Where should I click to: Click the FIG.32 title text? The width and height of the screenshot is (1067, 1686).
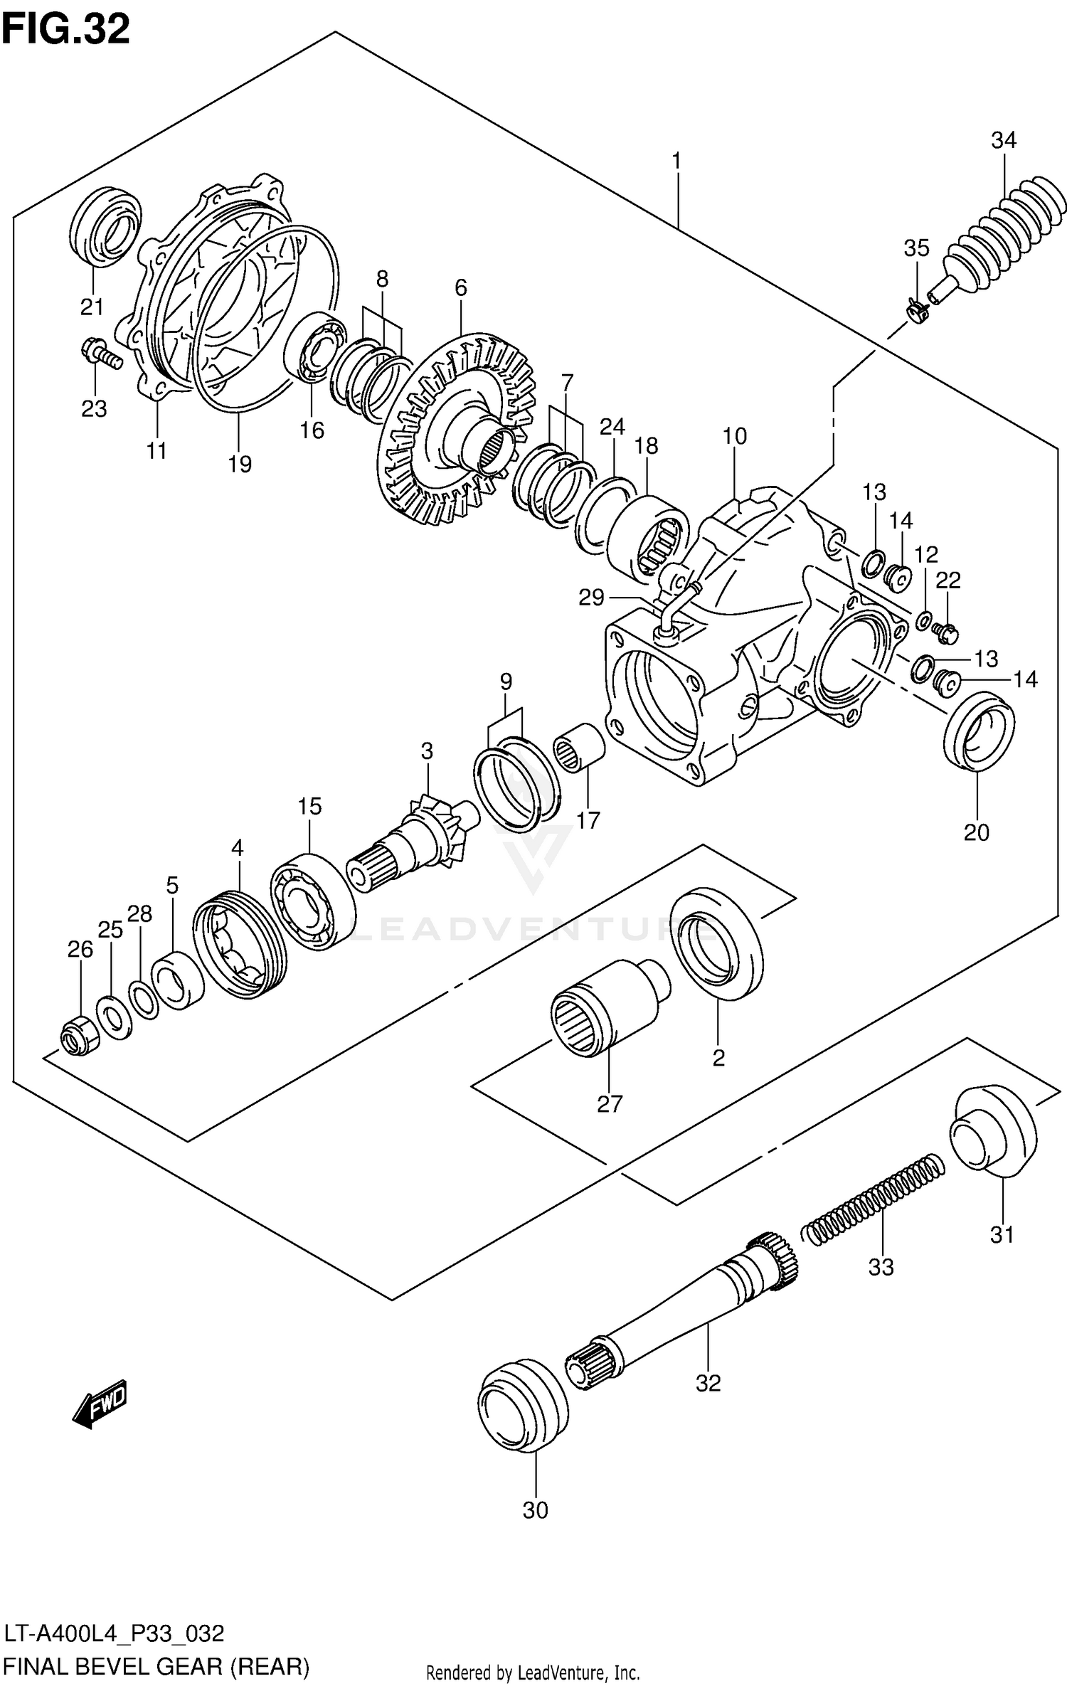coord(65,30)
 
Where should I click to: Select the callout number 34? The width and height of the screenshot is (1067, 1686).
coord(1004,141)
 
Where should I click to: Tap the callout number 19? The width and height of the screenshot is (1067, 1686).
coord(240,465)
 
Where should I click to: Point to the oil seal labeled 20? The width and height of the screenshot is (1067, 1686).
coord(979,733)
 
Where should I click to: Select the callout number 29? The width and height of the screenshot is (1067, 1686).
coord(590,598)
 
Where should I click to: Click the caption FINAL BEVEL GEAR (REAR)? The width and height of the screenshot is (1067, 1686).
coord(156,1666)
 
